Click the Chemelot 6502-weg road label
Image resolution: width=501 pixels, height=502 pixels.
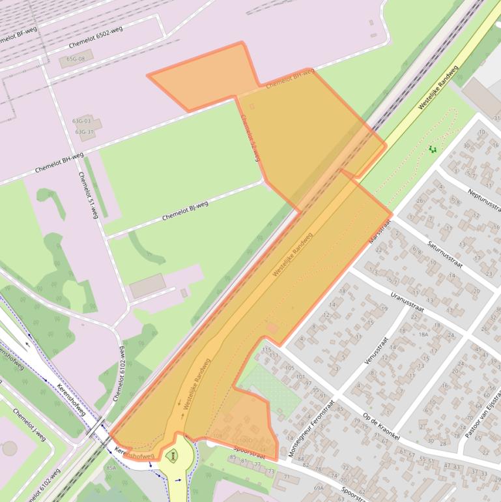(x=96, y=38)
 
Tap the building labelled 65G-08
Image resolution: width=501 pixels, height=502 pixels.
(x=76, y=59)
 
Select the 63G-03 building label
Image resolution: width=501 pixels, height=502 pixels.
(x=82, y=121)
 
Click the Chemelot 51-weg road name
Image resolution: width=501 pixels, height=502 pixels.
(x=88, y=195)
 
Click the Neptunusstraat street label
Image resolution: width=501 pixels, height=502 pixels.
(x=483, y=199)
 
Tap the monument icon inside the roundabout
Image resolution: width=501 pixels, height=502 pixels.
(x=173, y=456)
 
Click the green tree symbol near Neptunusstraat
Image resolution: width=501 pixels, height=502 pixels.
(x=432, y=149)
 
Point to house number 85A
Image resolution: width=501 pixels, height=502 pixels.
(x=111, y=467)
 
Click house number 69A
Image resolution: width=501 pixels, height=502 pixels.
(x=319, y=487)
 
